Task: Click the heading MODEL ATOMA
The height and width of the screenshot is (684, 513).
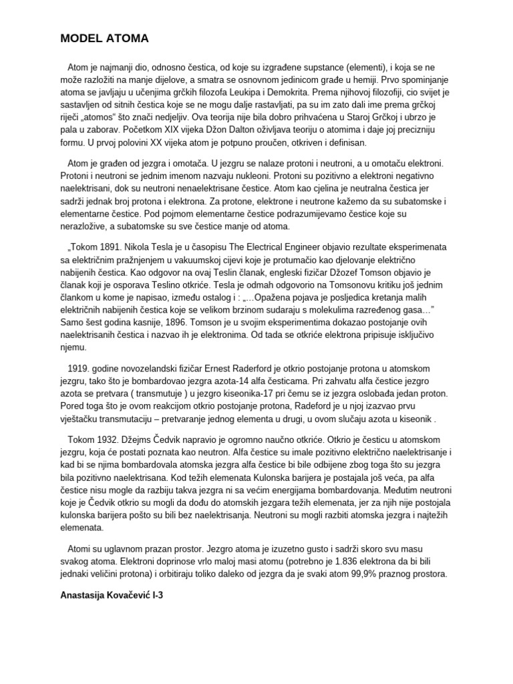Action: pyautogui.click(x=104, y=39)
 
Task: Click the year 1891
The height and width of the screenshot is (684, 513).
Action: pyautogui.click(x=117, y=246)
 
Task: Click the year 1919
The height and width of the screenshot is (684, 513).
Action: pyautogui.click(x=79, y=369)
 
